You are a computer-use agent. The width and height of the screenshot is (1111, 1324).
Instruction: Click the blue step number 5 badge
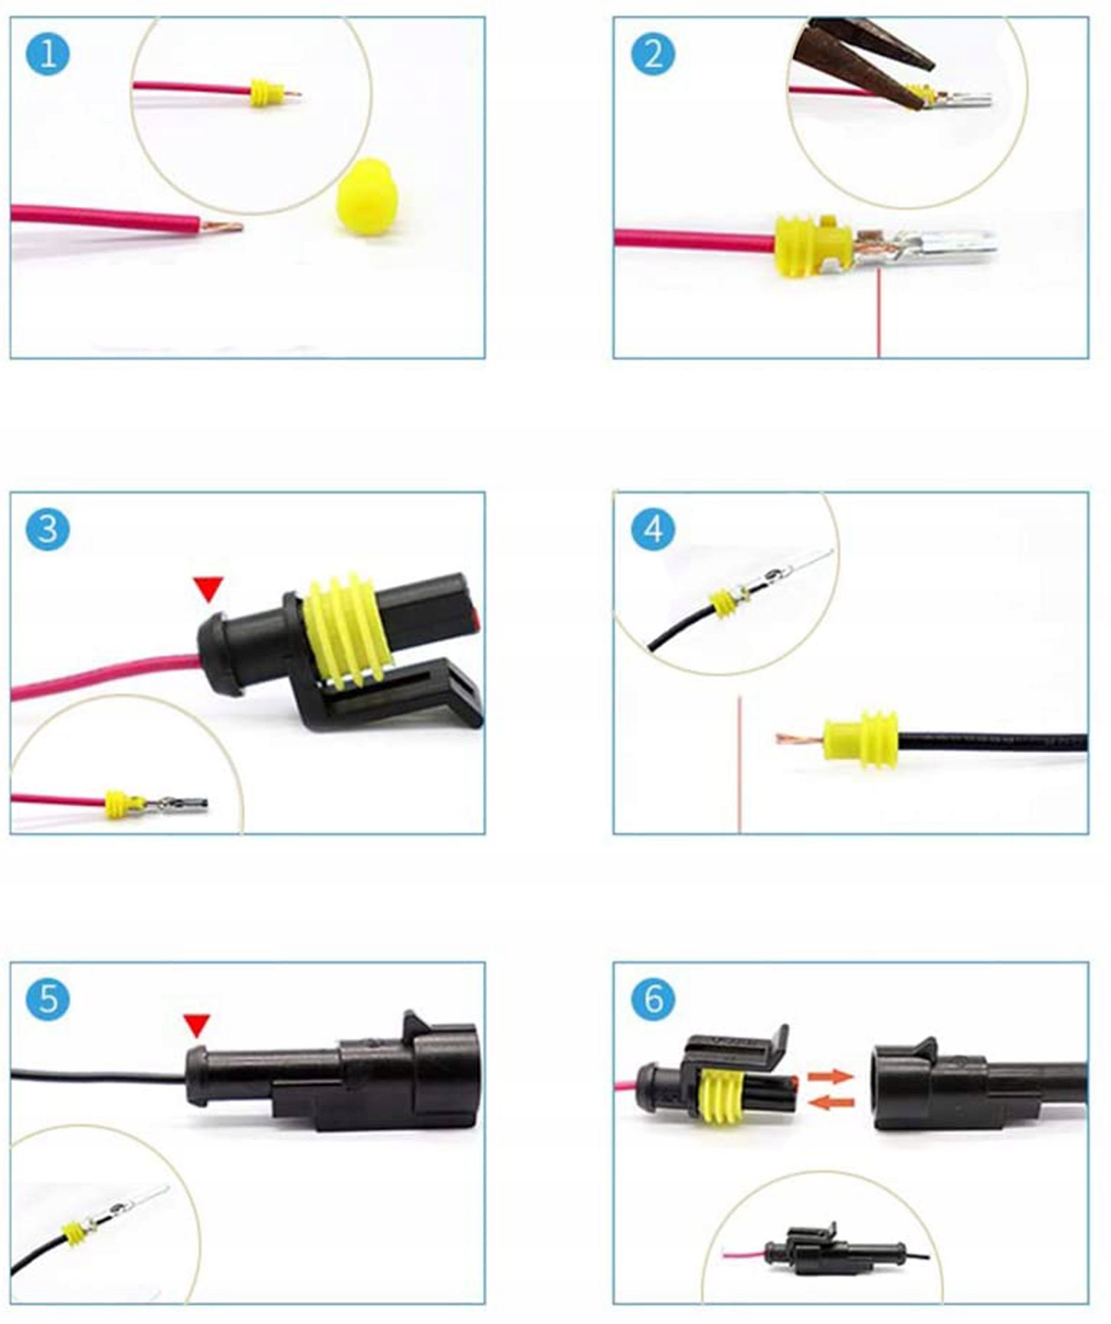coord(48,999)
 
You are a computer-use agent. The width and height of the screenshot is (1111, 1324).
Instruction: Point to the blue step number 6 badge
coord(653,999)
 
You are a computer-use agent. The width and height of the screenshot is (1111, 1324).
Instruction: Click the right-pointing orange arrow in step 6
coord(831,1076)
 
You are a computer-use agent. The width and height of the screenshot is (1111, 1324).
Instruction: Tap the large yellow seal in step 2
coord(814,247)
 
